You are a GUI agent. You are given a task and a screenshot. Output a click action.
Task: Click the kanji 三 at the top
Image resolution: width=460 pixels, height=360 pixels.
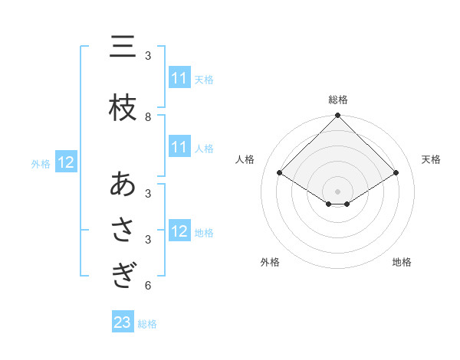click(x=123, y=48)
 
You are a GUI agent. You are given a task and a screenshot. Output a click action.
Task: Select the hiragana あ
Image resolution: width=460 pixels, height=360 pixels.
click(x=123, y=185)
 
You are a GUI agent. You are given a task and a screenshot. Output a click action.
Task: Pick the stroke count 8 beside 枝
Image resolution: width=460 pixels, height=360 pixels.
click(x=148, y=117)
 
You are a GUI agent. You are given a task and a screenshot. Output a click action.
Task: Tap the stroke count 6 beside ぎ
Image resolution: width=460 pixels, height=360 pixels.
click(x=148, y=286)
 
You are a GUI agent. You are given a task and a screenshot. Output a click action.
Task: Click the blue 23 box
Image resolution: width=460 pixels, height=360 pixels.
click(x=123, y=323)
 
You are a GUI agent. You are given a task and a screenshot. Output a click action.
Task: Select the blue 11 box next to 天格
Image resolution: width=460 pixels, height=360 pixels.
click(x=179, y=78)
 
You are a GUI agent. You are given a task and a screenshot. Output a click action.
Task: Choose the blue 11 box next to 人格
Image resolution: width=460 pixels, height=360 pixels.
click(x=179, y=148)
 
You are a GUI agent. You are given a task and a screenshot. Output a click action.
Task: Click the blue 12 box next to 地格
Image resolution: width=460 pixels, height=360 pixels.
click(x=179, y=232)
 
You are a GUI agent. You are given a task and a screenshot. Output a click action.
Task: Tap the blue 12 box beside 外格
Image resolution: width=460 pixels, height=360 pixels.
click(x=65, y=162)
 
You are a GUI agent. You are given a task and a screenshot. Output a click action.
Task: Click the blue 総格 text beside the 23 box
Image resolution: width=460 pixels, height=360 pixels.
click(x=147, y=324)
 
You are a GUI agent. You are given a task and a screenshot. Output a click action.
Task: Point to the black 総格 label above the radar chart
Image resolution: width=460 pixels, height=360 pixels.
click(x=338, y=100)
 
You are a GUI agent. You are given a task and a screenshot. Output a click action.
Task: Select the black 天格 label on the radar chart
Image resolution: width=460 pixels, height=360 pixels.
click(x=432, y=159)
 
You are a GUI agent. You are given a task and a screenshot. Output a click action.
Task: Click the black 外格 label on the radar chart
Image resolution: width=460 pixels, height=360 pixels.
click(x=270, y=262)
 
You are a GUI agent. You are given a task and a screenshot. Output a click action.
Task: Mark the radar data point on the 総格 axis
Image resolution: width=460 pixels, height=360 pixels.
click(x=338, y=116)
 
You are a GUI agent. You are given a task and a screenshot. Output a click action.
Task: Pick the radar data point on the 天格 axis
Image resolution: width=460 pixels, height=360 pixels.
click(x=396, y=173)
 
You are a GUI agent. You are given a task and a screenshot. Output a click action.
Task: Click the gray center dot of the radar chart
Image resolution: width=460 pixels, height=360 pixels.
click(x=338, y=191)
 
